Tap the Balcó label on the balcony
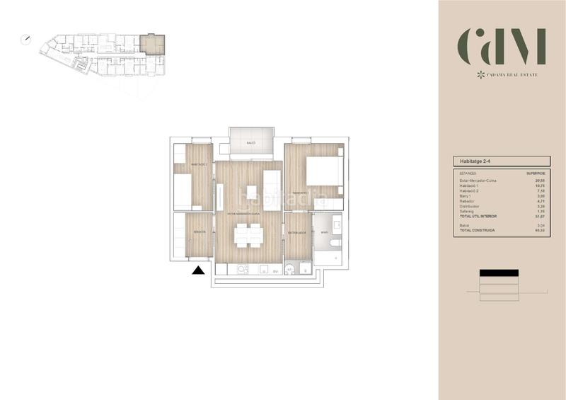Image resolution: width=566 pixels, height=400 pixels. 250,143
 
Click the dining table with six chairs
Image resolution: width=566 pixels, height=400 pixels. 248,234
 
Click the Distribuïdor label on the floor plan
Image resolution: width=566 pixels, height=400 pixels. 296,232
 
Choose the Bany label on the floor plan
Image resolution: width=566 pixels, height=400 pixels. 324,232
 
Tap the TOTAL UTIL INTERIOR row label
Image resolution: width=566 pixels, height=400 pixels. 479,215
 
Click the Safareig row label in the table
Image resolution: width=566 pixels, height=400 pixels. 468,210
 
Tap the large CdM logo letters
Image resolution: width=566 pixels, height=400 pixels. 502,47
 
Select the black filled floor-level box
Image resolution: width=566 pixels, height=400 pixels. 499,273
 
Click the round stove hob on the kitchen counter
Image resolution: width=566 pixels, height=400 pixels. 242,269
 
